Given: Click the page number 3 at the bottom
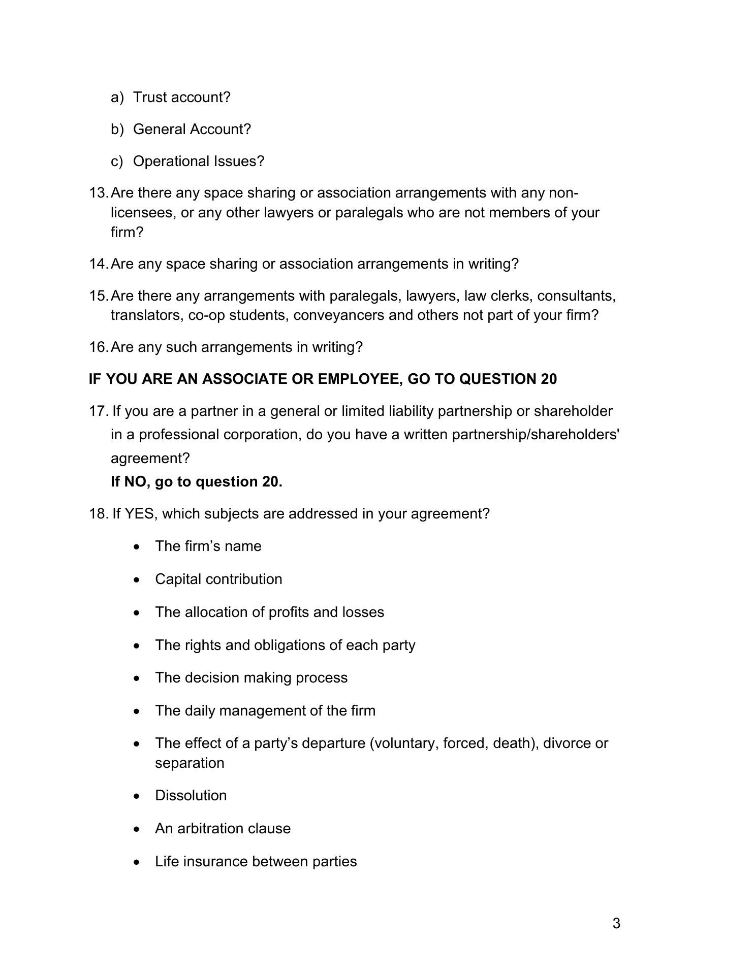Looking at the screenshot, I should tap(616, 923).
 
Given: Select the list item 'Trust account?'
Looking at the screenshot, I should tap(181, 97).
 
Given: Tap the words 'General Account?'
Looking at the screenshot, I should tap(192, 129).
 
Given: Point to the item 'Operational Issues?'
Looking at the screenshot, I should tap(199, 161).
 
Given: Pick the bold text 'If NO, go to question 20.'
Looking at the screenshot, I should tap(196, 481).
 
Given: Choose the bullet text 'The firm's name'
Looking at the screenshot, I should tap(208, 546).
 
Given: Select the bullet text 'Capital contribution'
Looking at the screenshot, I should tap(218, 579).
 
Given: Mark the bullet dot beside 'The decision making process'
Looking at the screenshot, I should tap(136, 678).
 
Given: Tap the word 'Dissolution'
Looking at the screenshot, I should tap(191, 796).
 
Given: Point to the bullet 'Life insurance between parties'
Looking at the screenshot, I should tap(256, 862).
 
